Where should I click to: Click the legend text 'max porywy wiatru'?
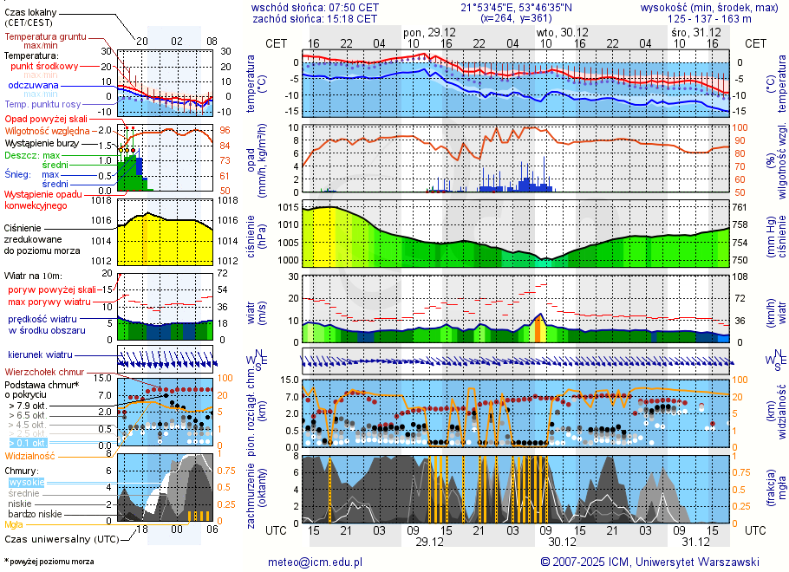[49, 302]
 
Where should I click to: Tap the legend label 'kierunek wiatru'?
[40, 355]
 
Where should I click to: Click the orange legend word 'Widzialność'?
[30, 455]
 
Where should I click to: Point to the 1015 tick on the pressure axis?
[288, 208]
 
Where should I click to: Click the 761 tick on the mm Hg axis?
[739, 208]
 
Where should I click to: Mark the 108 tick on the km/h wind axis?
[740, 276]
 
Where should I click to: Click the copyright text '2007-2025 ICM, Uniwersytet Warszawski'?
[656, 562]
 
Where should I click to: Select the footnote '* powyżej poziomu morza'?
[49, 562]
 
